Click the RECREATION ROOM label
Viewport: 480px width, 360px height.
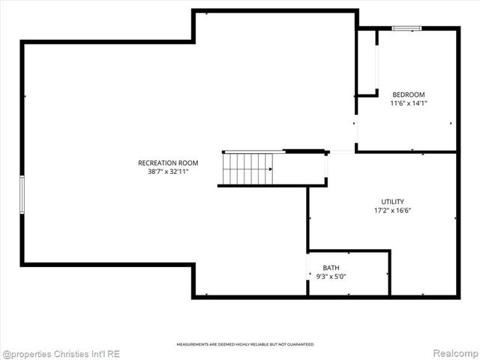click(168, 163)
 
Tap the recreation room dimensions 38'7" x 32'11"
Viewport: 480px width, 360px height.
click(168, 172)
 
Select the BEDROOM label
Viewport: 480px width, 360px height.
click(409, 94)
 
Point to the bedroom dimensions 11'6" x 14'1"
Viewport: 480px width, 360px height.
click(409, 103)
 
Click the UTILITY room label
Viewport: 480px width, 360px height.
click(392, 201)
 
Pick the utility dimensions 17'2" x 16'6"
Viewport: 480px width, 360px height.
click(392, 210)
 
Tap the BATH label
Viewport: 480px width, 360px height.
click(331, 268)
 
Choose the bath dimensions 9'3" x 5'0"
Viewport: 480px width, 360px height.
click(331, 277)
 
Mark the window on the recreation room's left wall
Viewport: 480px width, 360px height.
click(22, 193)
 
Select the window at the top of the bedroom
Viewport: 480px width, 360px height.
click(406, 28)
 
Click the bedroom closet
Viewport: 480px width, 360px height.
click(367, 63)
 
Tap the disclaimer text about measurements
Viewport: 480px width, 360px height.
click(245, 344)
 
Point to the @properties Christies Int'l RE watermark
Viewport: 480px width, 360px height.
click(61, 353)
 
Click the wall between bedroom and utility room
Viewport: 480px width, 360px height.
click(406, 151)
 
